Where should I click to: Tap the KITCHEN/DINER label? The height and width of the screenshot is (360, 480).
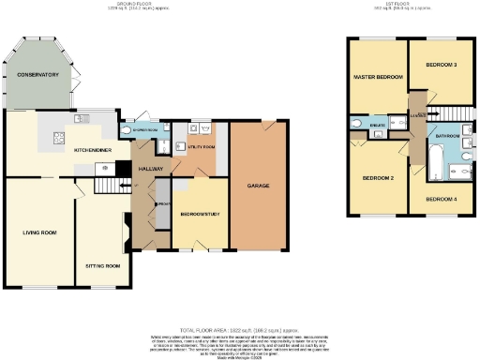(x=95, y=149)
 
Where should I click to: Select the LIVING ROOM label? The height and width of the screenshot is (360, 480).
(x=40, y=232)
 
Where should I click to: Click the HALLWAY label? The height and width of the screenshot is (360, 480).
(x=152, y=169)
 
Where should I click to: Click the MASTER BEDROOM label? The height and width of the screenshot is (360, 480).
(x=377, y=76)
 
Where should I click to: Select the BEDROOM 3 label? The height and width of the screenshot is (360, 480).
(x=441, y=66)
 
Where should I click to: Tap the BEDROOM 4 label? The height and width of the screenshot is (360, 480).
(x=441, y=200)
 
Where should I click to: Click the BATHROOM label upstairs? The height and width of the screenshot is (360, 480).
(x=446, y=136)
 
